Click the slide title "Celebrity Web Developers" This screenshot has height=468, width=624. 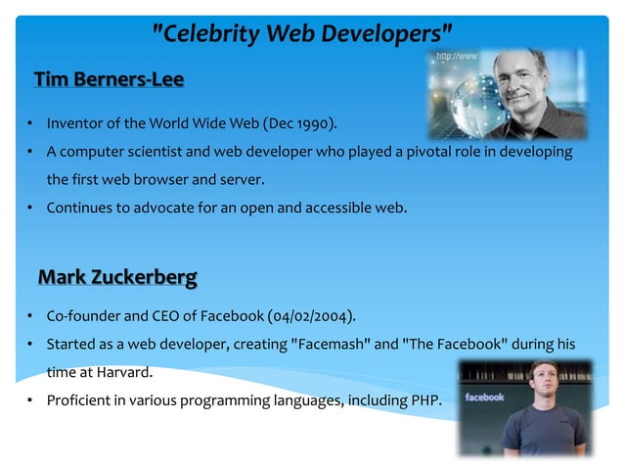303,34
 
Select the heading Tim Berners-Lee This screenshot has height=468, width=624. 109,79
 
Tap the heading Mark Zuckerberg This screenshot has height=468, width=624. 116,278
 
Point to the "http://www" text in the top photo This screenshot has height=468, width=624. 457,57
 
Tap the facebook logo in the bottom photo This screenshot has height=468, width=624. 484,398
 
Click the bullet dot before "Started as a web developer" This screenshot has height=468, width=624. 30,346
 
